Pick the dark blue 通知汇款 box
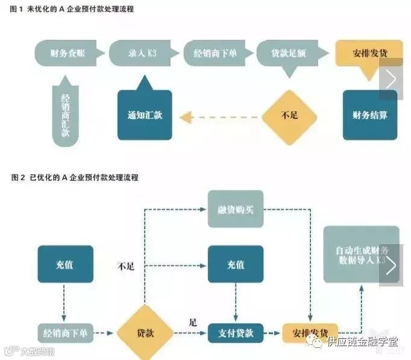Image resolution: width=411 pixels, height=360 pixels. point(145,115)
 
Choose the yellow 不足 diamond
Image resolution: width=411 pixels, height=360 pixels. point(289,115)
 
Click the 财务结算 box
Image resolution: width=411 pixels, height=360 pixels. point(370,115)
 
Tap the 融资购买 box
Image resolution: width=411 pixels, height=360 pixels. point(236,209)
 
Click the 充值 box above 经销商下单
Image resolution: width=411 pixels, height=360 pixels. point(65,264)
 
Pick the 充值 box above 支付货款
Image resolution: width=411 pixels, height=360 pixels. point(236,264)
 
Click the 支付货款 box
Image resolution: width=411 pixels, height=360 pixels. point(236,332)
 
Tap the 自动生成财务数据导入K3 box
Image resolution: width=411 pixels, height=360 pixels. point(361,254)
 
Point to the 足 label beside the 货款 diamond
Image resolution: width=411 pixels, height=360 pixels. point(193,321)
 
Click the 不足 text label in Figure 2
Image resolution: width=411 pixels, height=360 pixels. point(126,266)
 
